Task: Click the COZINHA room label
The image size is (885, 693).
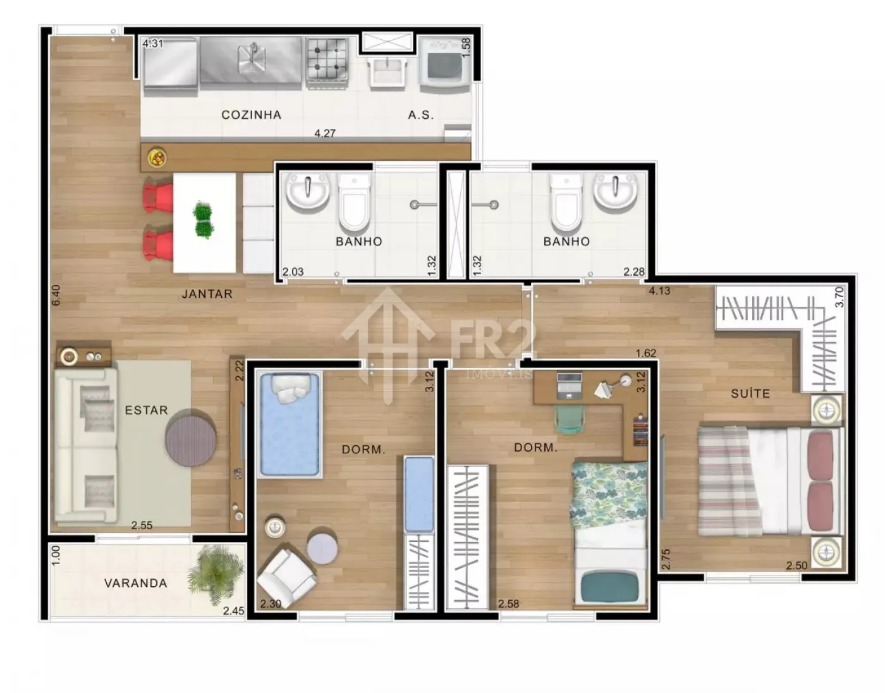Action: tap(252, 115)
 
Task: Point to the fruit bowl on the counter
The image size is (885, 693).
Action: tap(158, 157)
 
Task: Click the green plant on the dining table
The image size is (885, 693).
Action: tap(203, 219)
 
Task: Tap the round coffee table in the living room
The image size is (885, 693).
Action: tap(191, 438)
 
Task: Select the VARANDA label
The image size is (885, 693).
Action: tap(136, 584)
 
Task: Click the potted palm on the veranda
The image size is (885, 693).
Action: tap(216, 573)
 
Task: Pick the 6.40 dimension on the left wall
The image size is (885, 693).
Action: tap(56, 295)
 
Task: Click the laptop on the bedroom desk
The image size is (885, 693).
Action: tap(569, 385)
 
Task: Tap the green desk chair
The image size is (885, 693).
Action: tap(570, 418)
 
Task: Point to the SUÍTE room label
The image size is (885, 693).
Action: tap(750, 394)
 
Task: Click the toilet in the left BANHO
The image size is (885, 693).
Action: tap(355, 201)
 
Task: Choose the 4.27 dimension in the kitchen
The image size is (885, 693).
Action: tap(324, 133)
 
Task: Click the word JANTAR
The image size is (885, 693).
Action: tap(207, 293)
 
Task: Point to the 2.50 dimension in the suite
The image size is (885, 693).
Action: tap(796, 566)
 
